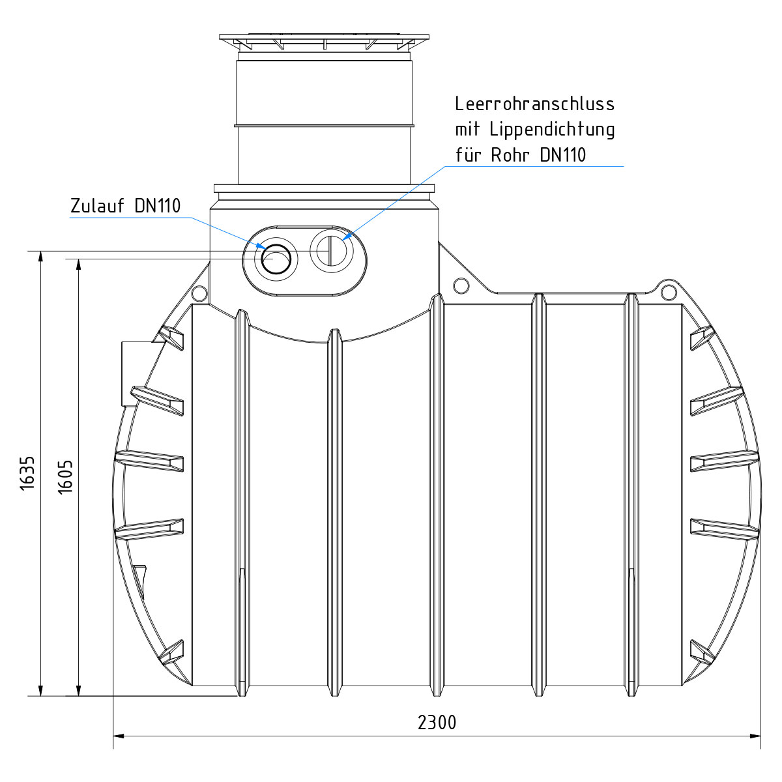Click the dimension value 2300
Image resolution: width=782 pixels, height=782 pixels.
437,723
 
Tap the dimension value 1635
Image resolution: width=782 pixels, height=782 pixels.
27,474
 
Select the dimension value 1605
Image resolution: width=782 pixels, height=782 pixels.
65,477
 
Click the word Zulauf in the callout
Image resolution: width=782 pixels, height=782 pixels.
97,206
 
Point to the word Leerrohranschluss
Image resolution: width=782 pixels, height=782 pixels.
534,104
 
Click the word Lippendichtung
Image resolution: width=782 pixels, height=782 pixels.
553,130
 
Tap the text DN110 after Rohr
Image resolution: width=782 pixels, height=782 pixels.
563,155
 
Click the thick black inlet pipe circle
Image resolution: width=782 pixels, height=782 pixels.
276,259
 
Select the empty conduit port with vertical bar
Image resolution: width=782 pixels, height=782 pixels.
332,250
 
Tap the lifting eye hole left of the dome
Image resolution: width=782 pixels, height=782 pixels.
199,293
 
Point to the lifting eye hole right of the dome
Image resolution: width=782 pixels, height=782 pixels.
461,285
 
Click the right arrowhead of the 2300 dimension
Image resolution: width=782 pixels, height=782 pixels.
756,747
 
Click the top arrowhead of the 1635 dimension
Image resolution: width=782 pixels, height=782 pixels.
40,257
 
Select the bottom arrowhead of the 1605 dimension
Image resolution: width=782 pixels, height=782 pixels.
79,690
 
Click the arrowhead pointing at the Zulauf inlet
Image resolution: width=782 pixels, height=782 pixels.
261,246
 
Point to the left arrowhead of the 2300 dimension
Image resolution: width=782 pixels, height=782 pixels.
119,747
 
